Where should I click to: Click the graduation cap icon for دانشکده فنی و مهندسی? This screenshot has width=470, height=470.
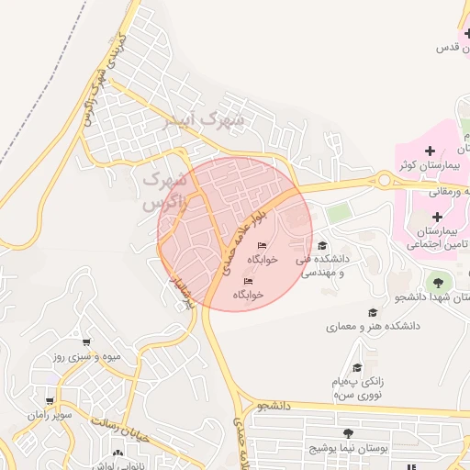tap(322, 245)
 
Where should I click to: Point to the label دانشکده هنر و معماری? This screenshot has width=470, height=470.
tap(373, 326)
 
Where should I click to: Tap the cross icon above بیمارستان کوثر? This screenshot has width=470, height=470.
tap(430, 150)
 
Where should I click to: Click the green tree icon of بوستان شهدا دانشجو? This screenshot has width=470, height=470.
tap(437, 283)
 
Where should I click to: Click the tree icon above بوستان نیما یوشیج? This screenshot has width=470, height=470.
tap(347, 433)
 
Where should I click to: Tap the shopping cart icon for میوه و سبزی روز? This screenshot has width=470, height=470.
tap(86, 342)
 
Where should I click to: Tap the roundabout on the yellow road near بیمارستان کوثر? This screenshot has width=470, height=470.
tap(383, 180)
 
